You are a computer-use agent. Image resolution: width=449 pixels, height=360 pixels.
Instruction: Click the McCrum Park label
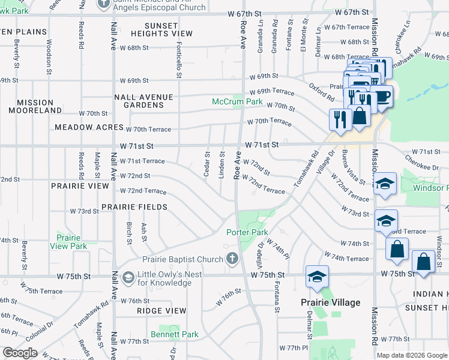pyautogui.click(x=237, y=102)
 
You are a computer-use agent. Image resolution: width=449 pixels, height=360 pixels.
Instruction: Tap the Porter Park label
pyautogui.click(x=247, y=232)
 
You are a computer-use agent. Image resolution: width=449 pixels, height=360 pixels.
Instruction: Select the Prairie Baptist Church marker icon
pyautogui.click(x=232, y=259)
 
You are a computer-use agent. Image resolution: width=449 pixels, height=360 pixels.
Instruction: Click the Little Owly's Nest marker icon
pyautogui.click(x=128, y=278)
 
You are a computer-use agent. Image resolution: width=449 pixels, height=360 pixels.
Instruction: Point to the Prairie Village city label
pyautogui.click(x=331, y=302)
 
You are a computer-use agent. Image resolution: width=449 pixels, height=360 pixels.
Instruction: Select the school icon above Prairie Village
pyautogui.click(x=316, y=277)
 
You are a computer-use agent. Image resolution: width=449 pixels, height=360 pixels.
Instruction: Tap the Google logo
pyautogui.click(x=20, y=353)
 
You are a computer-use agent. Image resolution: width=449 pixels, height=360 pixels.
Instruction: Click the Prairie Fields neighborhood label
pyautogui.click(x=134, y=207)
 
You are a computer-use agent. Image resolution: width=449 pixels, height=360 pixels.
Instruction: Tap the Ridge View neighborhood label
pyautogui.click(x=161, y=311)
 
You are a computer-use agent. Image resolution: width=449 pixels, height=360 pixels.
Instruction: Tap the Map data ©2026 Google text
pyautogui.click(x=411, y=355)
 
